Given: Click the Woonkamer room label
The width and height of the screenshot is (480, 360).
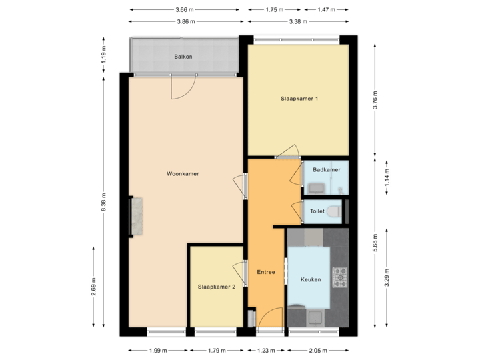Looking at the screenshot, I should [x=183, y=174].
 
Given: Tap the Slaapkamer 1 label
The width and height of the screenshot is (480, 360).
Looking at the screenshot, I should [x=299, y=99].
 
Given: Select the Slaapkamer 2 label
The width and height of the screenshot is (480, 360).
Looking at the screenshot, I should [x=217, y=287].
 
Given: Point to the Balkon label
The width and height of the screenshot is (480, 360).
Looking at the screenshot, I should [x=183, y=57].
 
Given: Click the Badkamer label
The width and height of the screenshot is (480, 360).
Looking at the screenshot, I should [x=327, y=170].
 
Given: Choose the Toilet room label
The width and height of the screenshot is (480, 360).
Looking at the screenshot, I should [x=317, y=211].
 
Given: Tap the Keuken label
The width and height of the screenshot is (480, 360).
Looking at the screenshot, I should [x=311, y=280].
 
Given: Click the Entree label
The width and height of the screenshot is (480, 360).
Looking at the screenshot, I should [x=266, y=272].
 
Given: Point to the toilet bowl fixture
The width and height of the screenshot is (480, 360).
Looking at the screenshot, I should [x=335, y=211].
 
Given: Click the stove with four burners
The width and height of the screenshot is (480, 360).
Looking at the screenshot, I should [x=340, y=275].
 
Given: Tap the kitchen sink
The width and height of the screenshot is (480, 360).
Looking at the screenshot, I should [x=315, y=316].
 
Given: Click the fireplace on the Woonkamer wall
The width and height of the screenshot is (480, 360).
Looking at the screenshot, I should [x=137, y=216].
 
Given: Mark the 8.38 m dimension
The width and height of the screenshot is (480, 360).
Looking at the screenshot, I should [x=103, y=202].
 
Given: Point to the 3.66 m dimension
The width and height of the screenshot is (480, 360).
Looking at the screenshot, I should [x=184, y=9].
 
